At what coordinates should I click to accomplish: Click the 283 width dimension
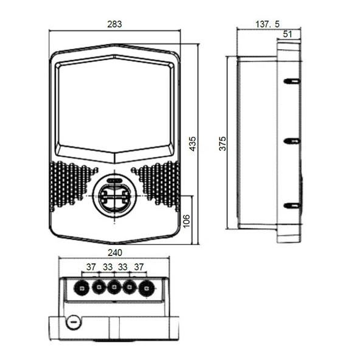click(114, 24)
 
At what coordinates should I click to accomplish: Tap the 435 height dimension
click(193, 144)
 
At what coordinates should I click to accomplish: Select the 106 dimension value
click(187, 221)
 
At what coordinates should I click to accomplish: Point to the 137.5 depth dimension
click(268, 24)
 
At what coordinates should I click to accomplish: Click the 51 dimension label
click(288, 34)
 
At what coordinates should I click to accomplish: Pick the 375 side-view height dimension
click(222, 144)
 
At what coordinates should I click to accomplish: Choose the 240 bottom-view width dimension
click(115, 253)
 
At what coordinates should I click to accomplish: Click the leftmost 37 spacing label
click(91, 267)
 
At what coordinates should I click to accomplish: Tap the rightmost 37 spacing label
click(139, 267)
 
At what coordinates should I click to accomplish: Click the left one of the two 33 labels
click(108, 267)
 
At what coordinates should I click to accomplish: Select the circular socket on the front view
click(114, 196)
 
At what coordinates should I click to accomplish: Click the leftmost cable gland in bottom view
click(81, 288)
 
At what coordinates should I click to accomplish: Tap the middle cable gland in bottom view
click(114, 288)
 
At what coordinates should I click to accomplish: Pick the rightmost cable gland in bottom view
click(147, 288)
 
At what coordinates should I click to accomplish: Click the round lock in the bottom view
click(74, 322)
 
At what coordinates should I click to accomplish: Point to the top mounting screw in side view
click(292, 81)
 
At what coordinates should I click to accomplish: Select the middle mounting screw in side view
click(292, 141)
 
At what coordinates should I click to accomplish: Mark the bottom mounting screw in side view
click(292, 206)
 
